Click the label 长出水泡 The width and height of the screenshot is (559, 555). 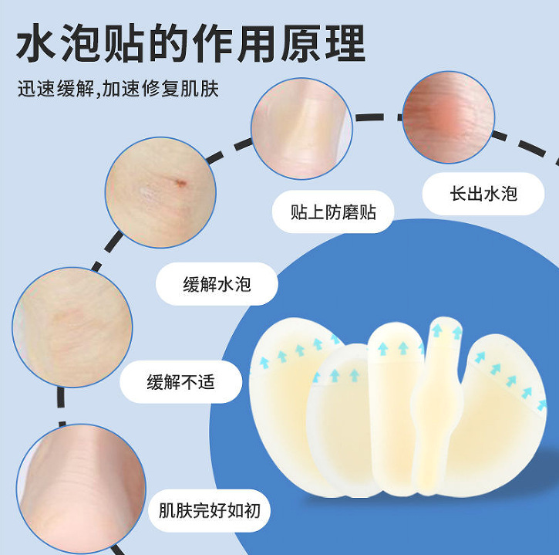(483, 194)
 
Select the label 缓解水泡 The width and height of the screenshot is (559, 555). (217, 283)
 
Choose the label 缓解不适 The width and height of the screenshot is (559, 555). (180, 381)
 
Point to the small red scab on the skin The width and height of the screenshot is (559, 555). (180, 183)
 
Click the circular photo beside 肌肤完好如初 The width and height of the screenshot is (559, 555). (80, 475)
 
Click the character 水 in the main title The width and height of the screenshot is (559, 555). (40, 45)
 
